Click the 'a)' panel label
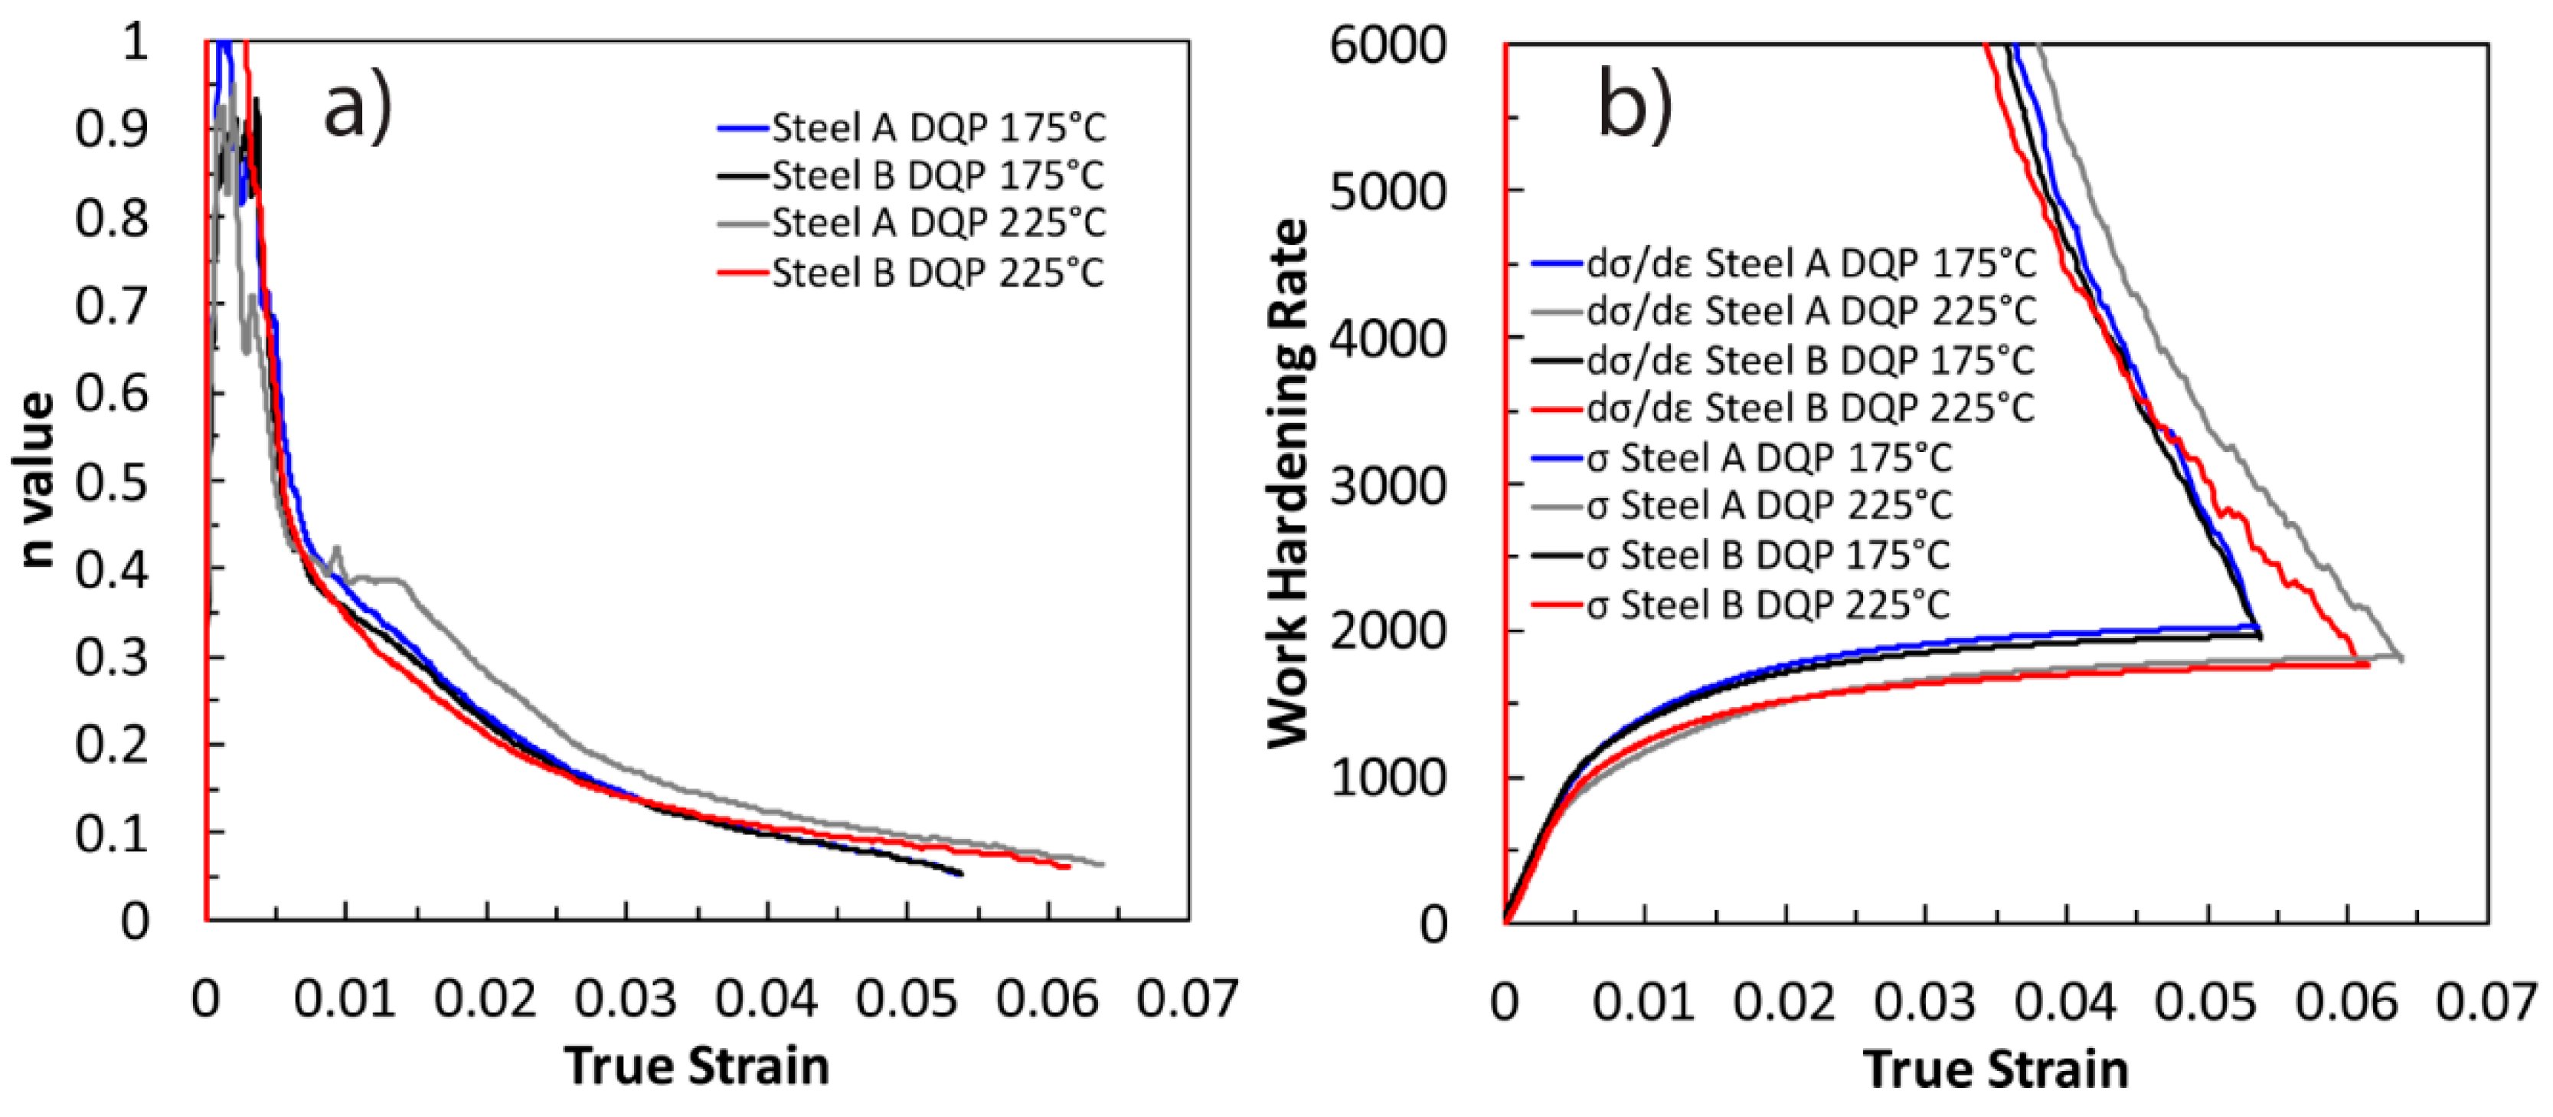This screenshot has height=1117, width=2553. tap(358, 108)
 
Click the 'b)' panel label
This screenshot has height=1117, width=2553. tap(1636, 107)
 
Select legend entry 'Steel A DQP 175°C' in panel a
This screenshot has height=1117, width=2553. tap(937, 128)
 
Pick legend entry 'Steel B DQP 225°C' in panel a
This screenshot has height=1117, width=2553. tap(937, 273)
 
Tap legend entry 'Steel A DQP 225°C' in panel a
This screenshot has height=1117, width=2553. tap(937, 223)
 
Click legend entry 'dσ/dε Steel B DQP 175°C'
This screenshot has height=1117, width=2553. tap(1809, 361)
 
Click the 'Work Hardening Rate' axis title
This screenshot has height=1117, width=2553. tap(1290, 483)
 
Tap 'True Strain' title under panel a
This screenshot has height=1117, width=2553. tap(697, 1067)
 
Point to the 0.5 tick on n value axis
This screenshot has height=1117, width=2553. tap(111, 483)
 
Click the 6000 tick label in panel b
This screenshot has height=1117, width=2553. tap(1388, 46)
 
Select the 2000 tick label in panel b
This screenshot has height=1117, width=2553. tap(1388, 631)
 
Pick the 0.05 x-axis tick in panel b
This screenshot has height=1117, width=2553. tap(2206, 1001)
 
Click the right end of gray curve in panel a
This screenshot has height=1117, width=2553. tap(1102, 864)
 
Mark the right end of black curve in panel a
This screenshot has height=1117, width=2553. tap(960, 873)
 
